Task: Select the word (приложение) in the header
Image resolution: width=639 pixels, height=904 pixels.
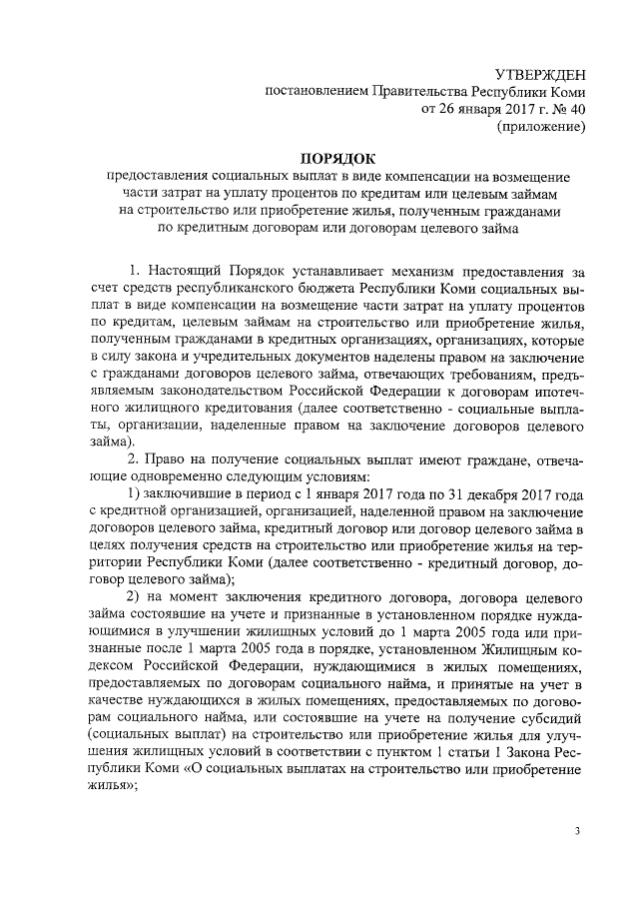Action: coord(541,127)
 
